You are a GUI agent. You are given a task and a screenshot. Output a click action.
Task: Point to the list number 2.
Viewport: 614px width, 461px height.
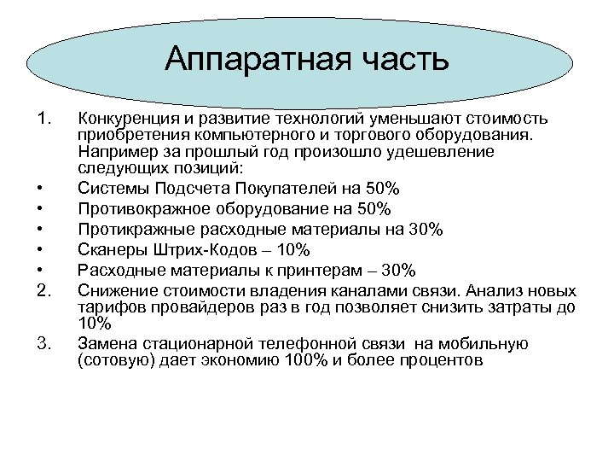click(45, 289)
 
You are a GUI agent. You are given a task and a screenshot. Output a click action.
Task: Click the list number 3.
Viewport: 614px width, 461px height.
click(45, 344)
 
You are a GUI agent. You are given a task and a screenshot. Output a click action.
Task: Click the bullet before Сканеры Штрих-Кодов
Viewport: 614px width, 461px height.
click(41, 250)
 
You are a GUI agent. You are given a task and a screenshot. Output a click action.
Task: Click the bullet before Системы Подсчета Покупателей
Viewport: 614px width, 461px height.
click(41, 188)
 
